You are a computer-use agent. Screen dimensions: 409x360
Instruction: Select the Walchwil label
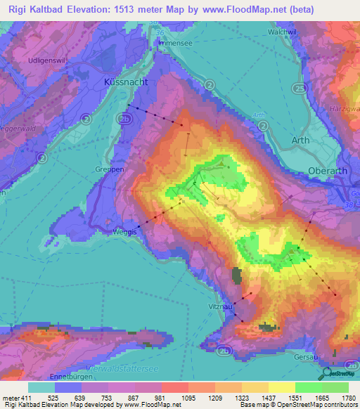point(280,32)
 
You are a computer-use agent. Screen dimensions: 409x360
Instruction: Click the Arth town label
point(300,140)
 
